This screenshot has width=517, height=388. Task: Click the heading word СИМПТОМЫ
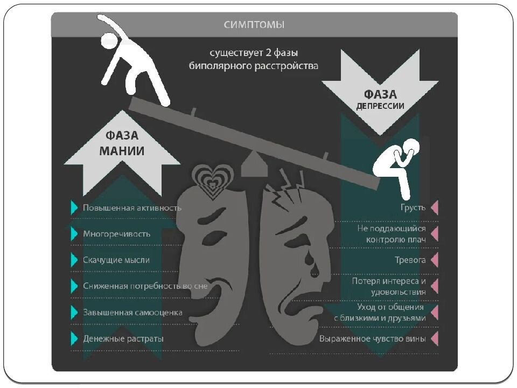point(254,25)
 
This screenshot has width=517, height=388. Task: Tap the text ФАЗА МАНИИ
point(121,143)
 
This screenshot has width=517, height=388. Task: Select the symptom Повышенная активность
point(132,207)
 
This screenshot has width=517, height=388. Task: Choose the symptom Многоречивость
point(116,234)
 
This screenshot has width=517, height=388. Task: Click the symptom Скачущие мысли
point(116,260)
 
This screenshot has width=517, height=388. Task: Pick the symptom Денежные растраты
point(123,339)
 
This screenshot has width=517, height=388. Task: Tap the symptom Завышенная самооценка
point(132,313)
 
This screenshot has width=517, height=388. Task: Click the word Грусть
point(414,207)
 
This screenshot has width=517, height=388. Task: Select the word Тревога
point(410,260)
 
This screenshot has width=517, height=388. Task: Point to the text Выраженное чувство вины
point(373,339)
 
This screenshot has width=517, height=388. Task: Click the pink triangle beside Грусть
point(435,207)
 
